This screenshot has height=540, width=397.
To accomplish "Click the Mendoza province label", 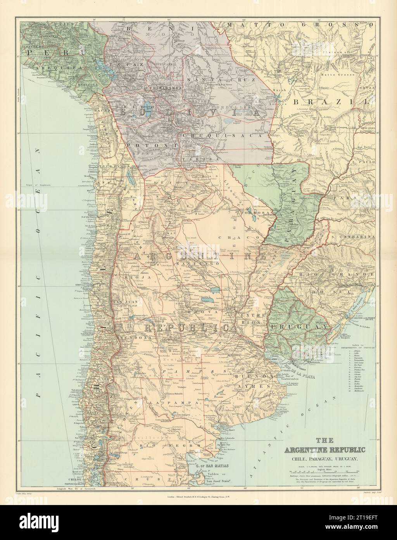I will coord(131,338).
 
